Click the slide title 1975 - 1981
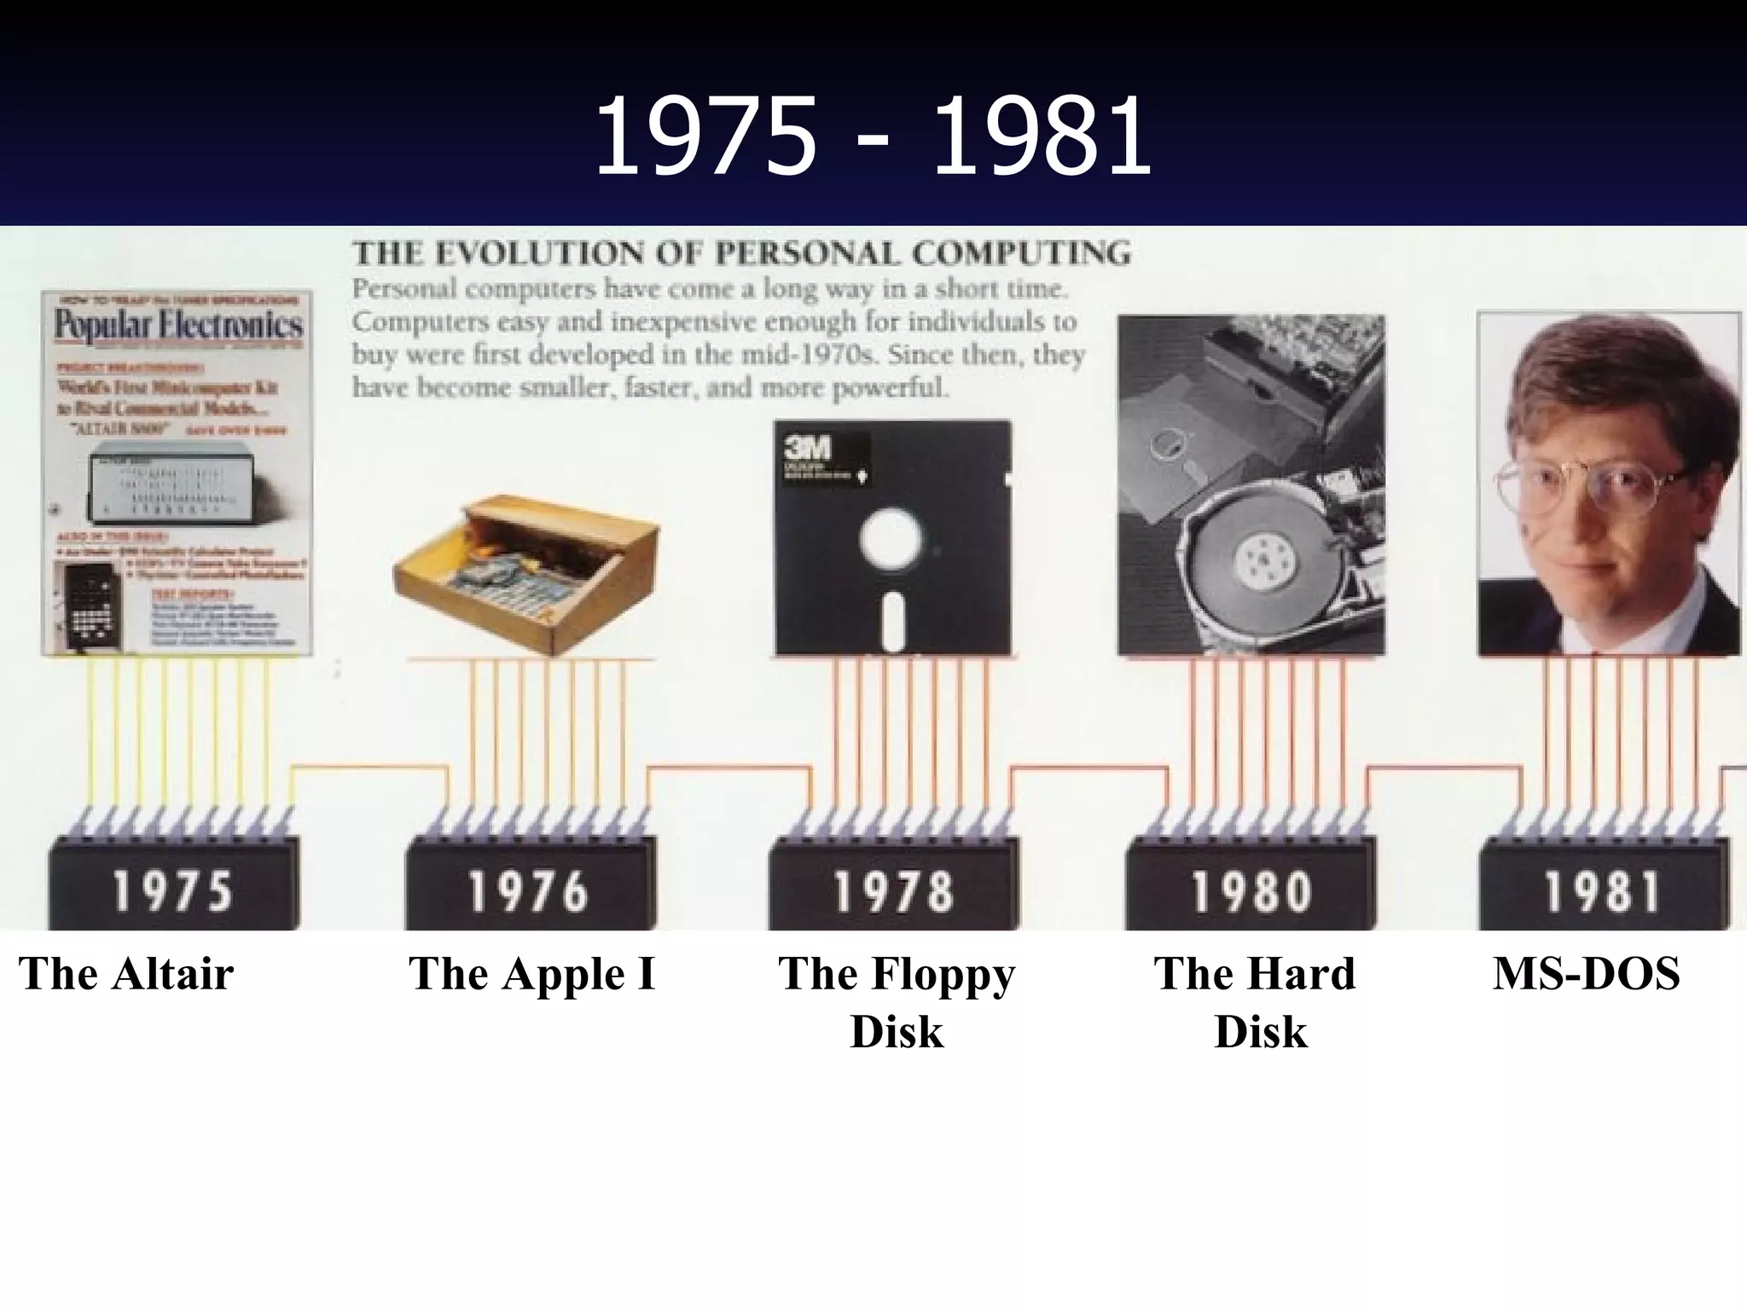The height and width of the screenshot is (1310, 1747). coord(872,136)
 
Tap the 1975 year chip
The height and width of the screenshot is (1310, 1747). coord(173,890)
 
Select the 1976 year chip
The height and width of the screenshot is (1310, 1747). coord(529,890)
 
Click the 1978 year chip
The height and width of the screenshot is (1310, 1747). coord(892,890)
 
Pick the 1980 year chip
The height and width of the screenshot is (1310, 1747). coord(1251,890)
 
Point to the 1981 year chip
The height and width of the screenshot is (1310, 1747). coord(1602,890)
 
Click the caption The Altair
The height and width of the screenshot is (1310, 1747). coord(126,973)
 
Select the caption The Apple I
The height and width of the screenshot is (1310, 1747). coord(531,973)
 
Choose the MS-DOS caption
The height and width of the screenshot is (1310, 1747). coord(1586,973)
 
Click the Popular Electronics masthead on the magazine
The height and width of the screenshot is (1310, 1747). coord(177,326)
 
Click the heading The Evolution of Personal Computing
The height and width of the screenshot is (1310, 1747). coord(741,253)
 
